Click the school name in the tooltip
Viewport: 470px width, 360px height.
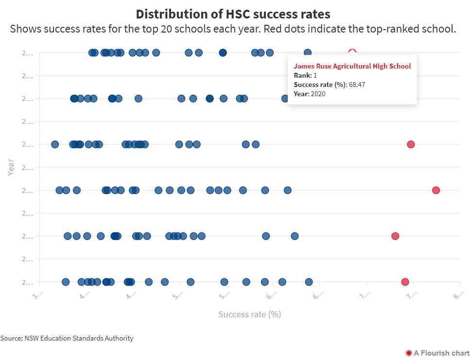tap(352, 66)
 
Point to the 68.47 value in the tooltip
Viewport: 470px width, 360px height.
tap(357, 85)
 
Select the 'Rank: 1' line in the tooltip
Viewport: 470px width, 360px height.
tap(305, 75)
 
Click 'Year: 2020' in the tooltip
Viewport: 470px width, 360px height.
tap(309, 94)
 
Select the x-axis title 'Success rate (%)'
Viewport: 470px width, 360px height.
tap(249, 314)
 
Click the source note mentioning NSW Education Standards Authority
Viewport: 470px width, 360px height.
tap(67, 338)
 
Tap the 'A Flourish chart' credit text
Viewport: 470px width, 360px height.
tap(441, 353)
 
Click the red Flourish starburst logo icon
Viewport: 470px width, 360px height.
tap(408, 353)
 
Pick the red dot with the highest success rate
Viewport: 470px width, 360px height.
tap(436, 190)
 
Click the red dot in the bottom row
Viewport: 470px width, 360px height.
tap(405, 282)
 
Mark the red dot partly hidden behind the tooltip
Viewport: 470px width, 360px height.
tap(353, 51)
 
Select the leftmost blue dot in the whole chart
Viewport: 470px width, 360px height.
tap(55, 144)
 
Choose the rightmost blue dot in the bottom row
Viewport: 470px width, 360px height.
tap(309, 282)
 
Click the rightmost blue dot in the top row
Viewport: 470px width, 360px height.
tap(308, 52)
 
